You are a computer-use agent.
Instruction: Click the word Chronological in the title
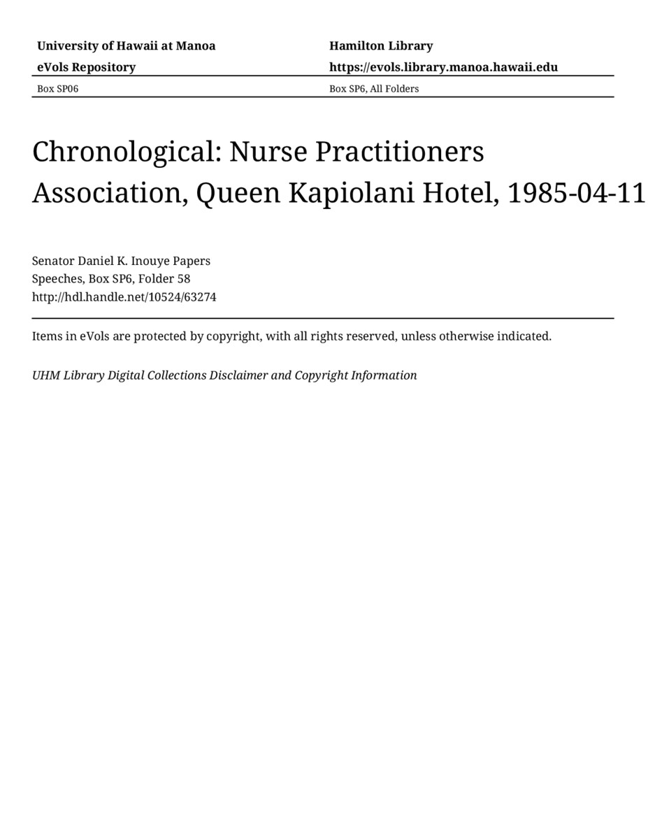point(126,152)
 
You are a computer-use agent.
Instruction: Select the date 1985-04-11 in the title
point(576,193)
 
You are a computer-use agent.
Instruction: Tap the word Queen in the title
point(237,193)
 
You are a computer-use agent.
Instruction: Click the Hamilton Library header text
point(381,46)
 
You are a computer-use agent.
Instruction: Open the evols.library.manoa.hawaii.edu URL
point(443,67)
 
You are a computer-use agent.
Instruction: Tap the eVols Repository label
point(86,67)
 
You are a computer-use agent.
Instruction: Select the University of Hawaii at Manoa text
point(126,46)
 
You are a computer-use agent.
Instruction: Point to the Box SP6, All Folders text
point(374,89)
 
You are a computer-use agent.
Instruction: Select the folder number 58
point(184,279)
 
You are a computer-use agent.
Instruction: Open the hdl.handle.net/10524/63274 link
point(124,297)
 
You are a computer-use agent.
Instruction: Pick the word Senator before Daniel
point(53,261)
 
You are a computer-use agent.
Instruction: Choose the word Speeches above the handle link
point(58,279)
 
